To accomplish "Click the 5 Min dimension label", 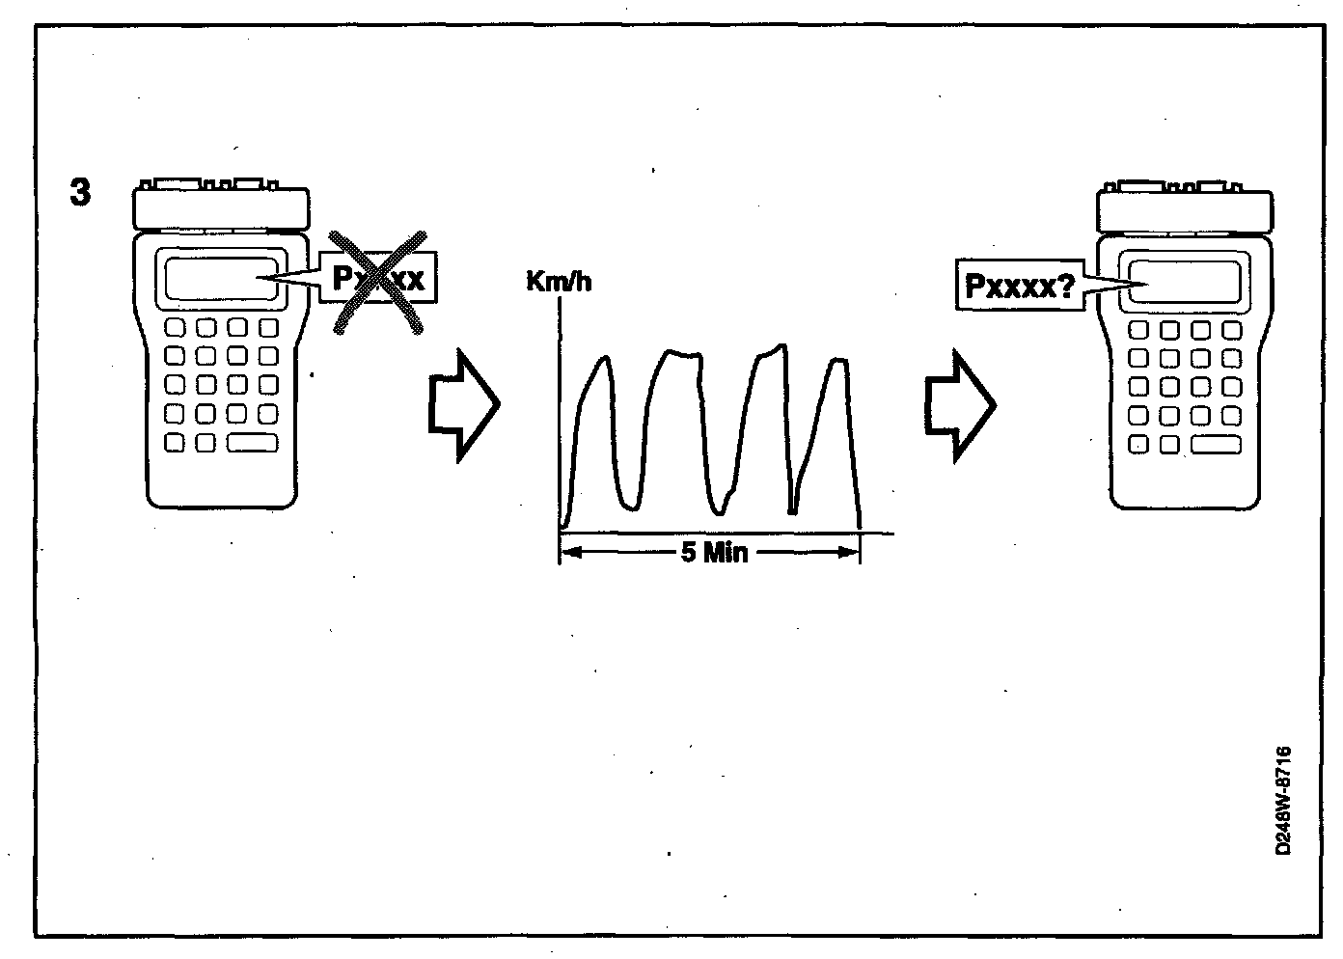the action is (x=714, y=553).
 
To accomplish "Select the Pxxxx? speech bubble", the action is (x=1019, y=285).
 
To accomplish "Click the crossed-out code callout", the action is (x=378, y=280).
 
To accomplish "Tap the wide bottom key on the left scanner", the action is (x=253, y=443).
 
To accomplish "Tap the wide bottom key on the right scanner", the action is (x=1216, y=445).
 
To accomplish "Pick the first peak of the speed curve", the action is (x=604, y=360).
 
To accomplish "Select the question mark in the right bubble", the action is (x=1066, y=285).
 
